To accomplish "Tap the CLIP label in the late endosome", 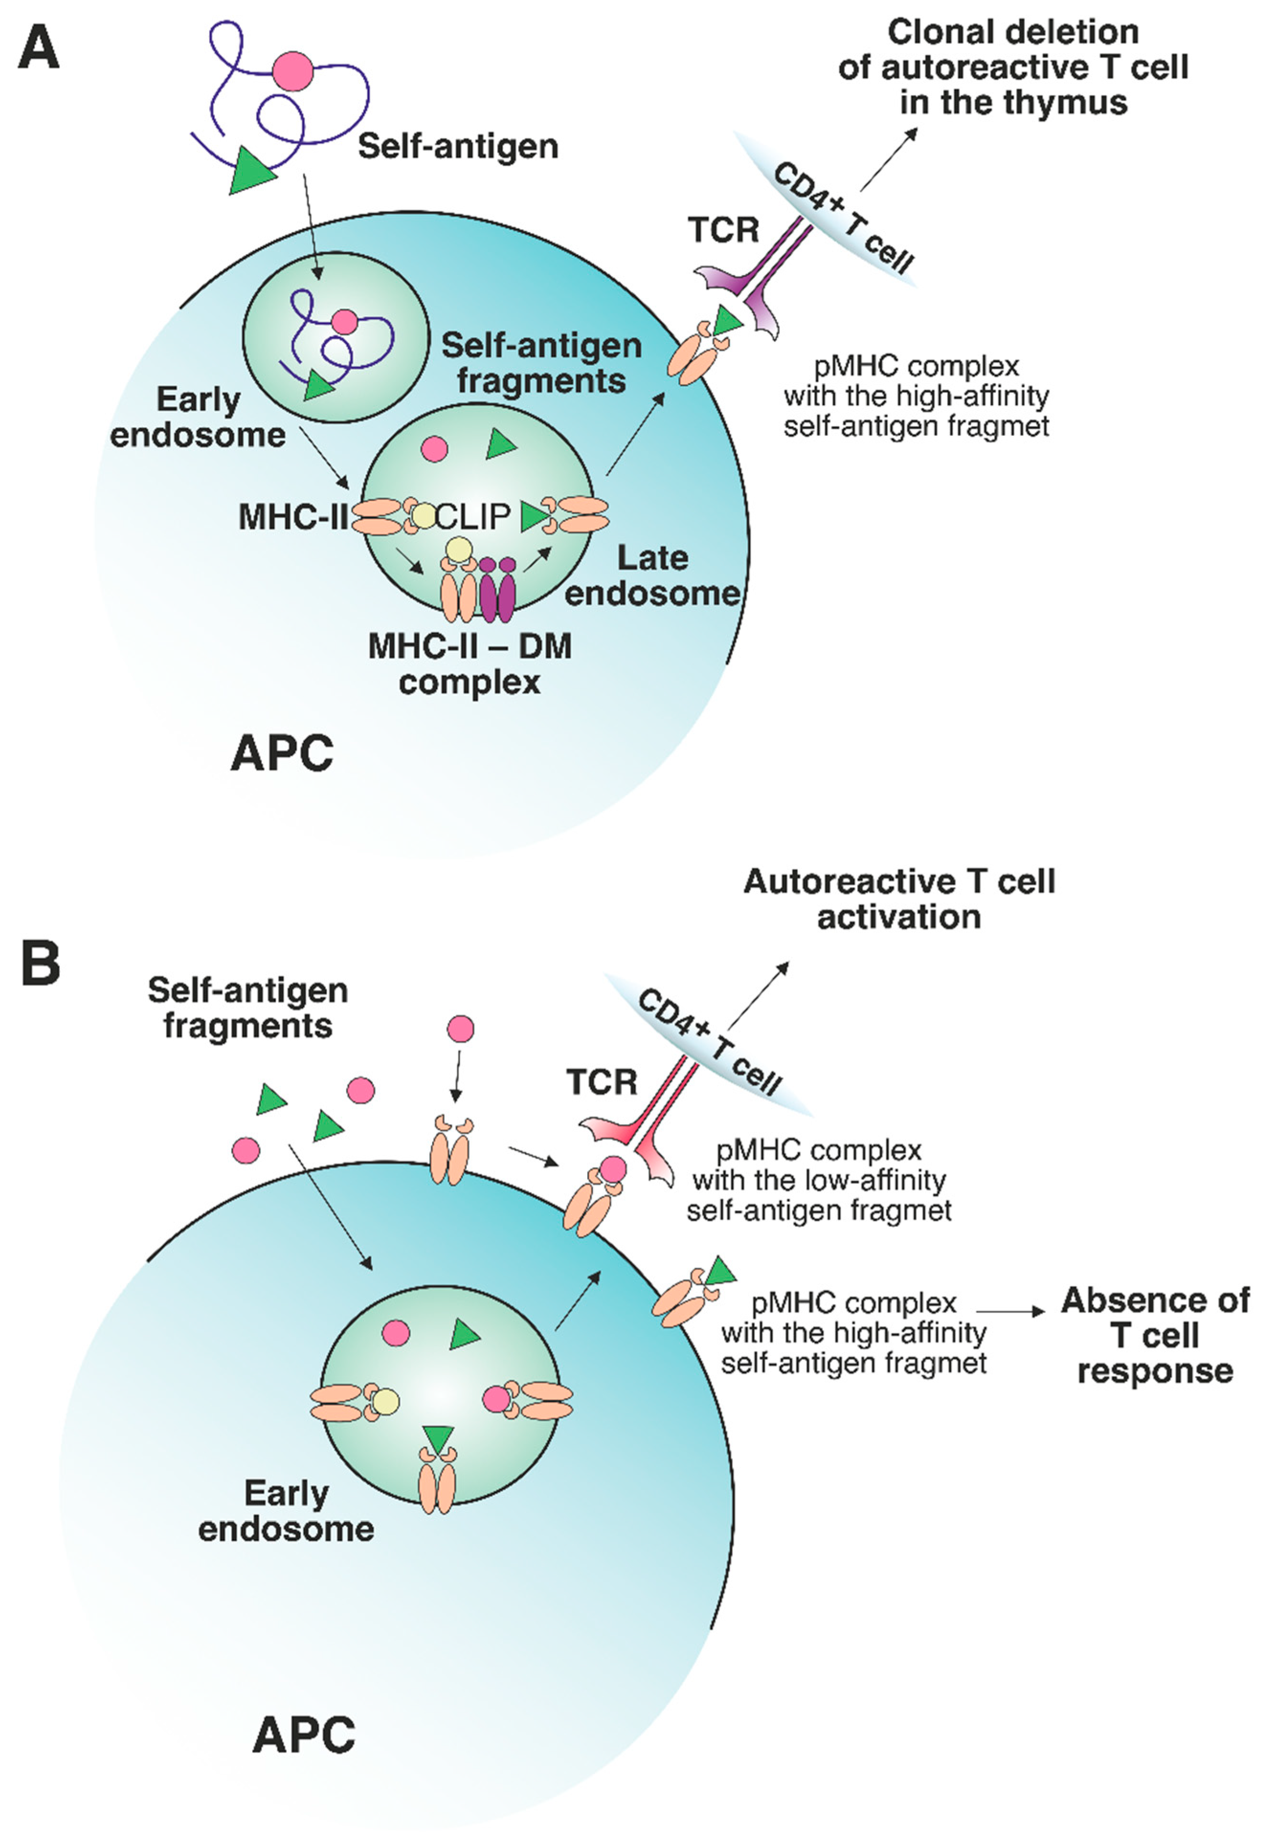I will click(472, 517).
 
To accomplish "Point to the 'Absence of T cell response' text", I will click(1155, 1336).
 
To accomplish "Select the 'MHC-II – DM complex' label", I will click(470, 663).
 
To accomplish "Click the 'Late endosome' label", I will click(652, 575).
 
